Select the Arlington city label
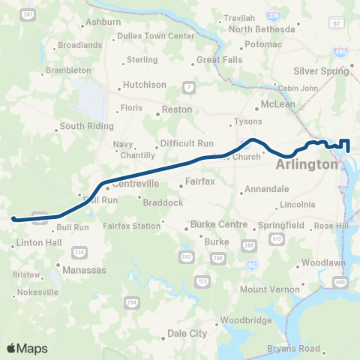[x=307, y=164]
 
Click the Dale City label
[x=187, y=333]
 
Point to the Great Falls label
[x=216, y=60]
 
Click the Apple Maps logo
[x=27, y=348]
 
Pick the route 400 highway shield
[x=341, y=281]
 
